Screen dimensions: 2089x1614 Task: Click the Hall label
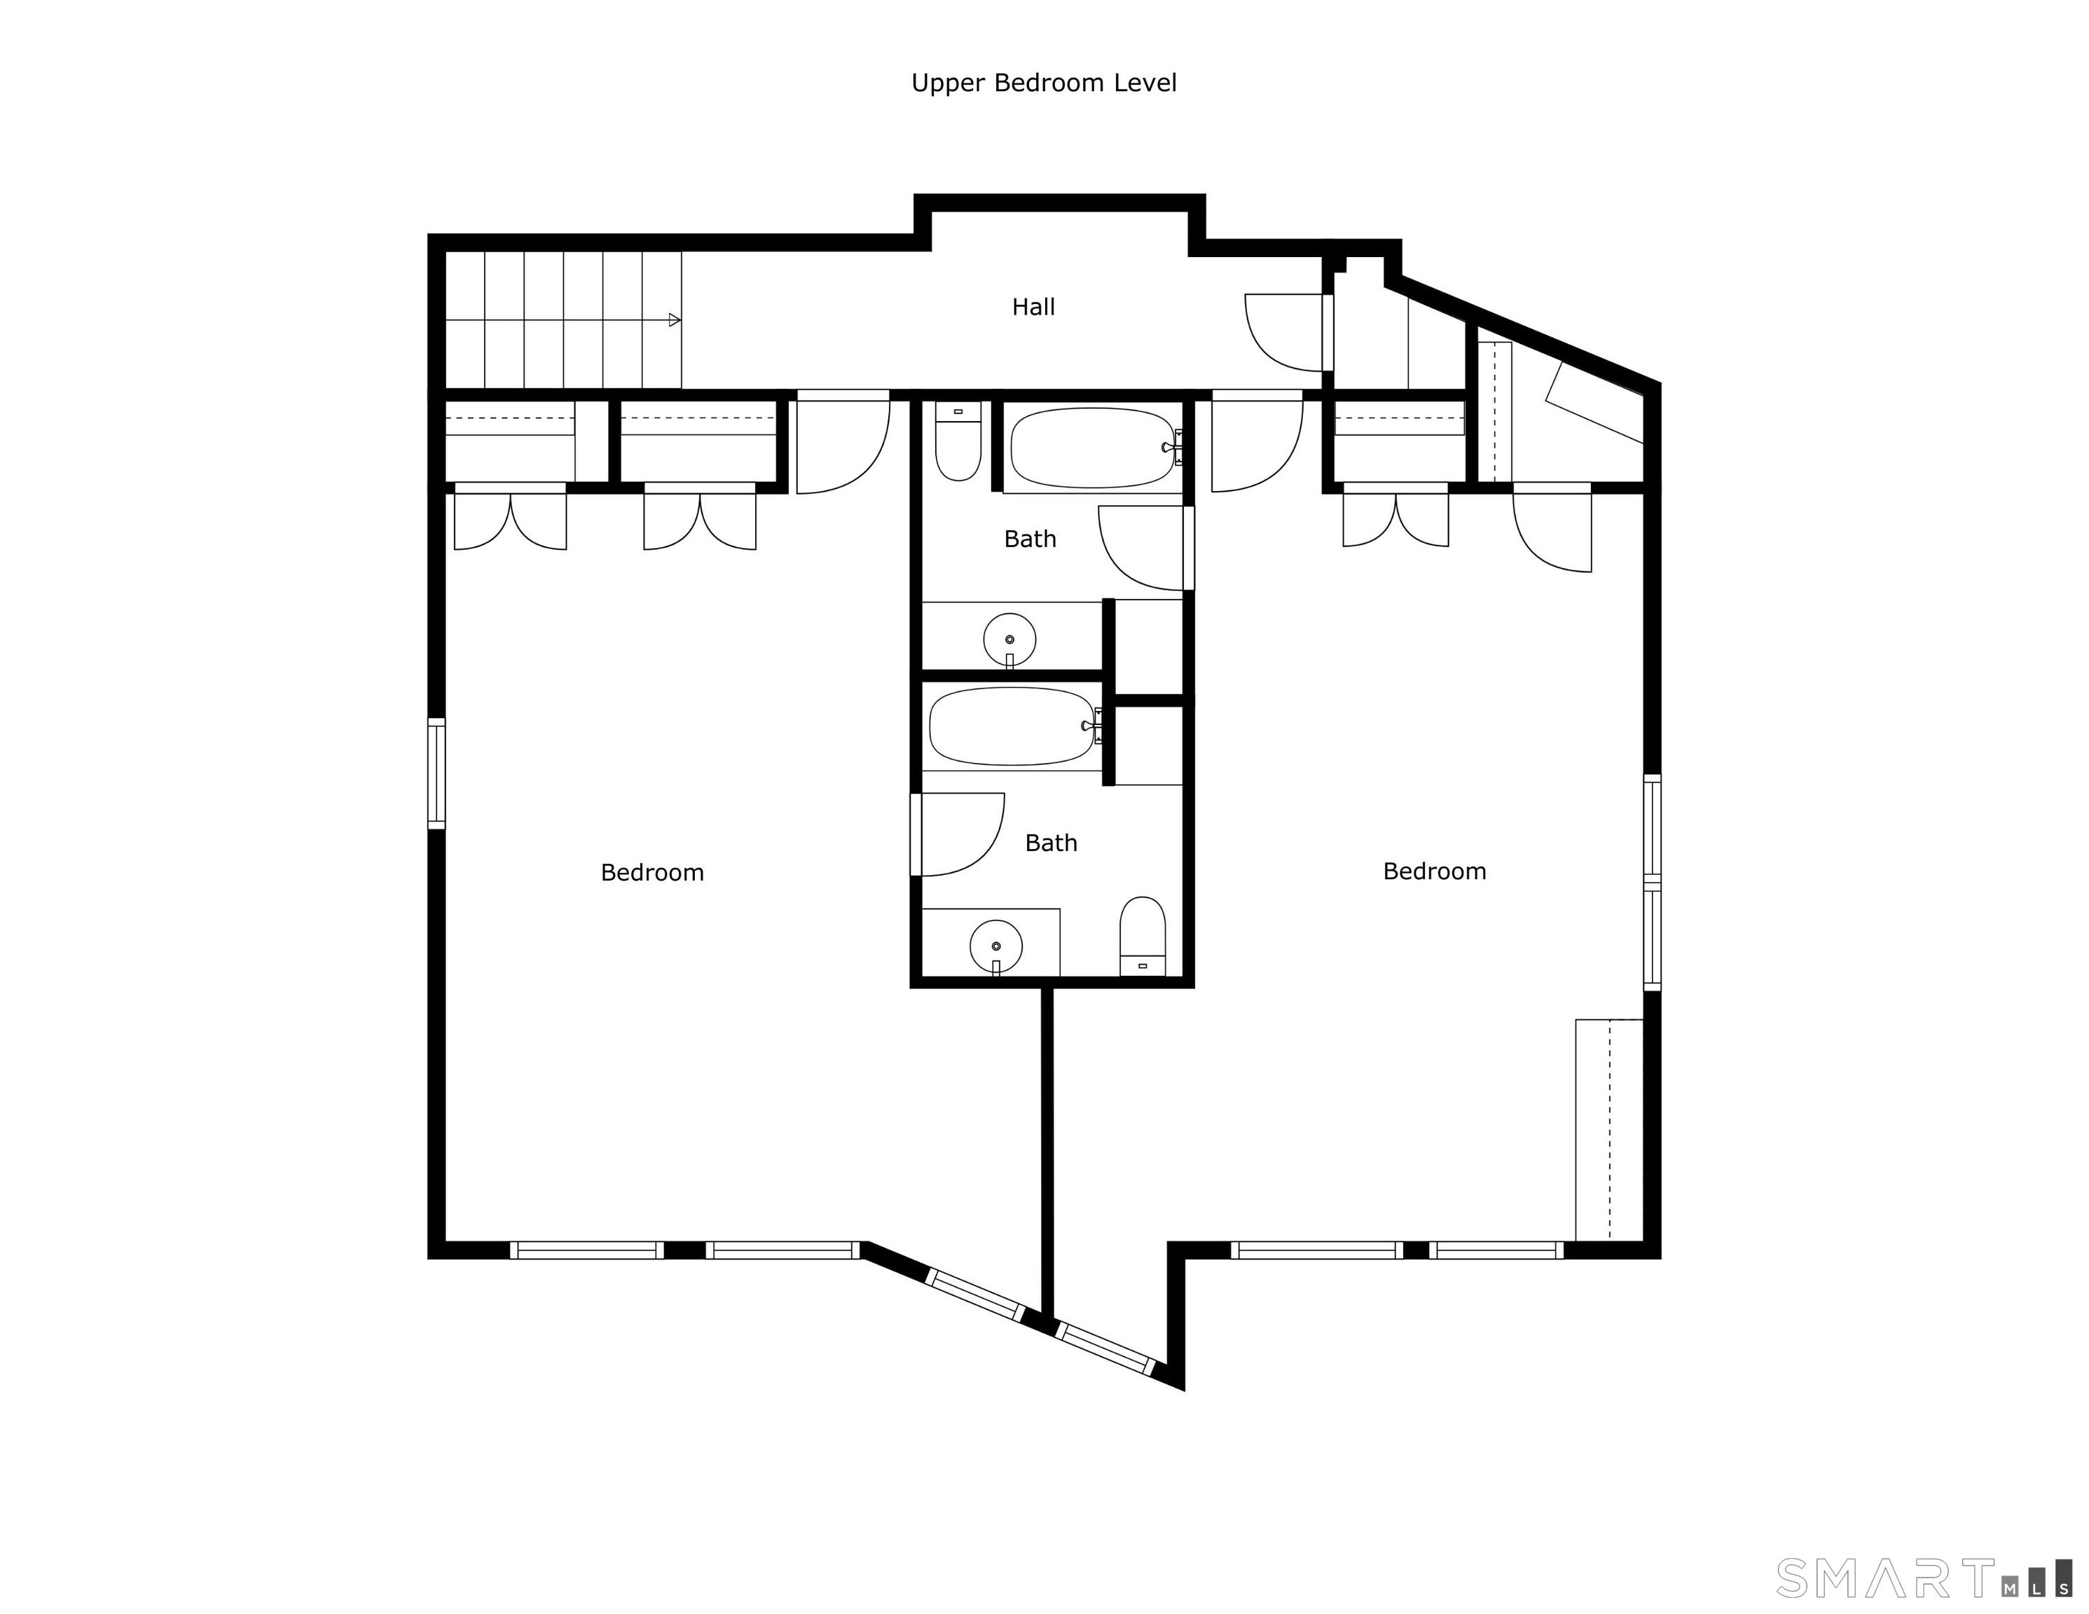coord(1033,307)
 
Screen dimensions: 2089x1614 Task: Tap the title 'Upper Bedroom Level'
coord(1044,83)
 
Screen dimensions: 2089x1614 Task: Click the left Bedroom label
coord(652,873)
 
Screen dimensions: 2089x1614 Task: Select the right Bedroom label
coord(1435,871)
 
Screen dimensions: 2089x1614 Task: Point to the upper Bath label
coord(1030,539)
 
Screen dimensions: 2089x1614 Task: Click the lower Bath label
coord(1052,843)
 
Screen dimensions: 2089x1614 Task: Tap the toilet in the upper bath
coord(958,441)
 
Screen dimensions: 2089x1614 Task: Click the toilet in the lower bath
coord(1143,937)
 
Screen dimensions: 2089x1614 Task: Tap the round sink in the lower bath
coord(995,946)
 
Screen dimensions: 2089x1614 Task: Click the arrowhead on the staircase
coord(675,319)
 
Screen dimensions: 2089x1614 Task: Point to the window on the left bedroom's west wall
coord(436,773)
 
